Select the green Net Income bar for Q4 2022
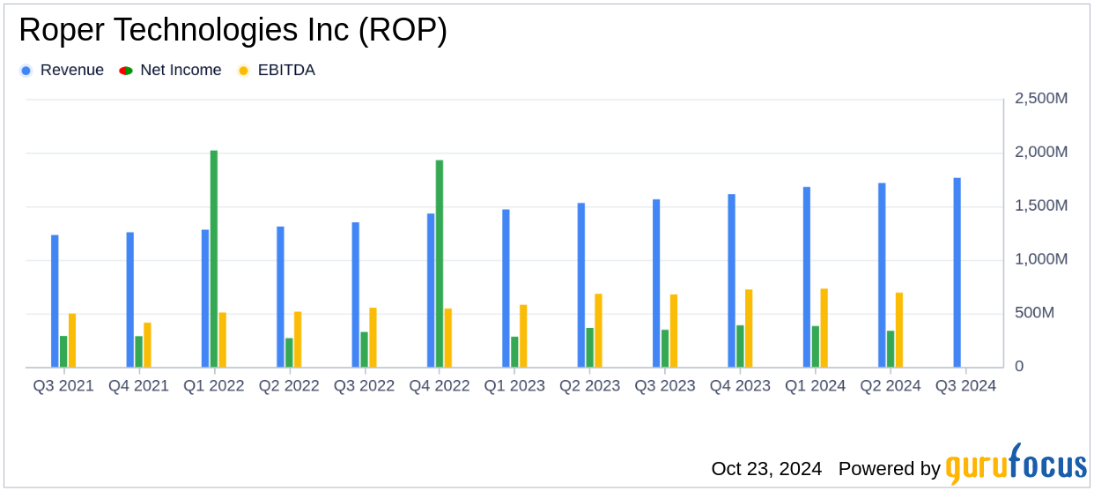coord(440,264)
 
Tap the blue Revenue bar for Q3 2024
coord(957,272)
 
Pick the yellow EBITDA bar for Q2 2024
coord(899,330)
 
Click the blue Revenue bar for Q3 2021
coord(55,301)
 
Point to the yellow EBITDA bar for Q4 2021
coord(147,345)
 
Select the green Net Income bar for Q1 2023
coord(514,352)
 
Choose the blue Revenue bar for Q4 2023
coord(732,280)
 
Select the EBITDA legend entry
coord(277,71)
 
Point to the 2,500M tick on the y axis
coord(1041,99)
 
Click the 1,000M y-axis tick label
coord(1041,259)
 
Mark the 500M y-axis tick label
coord(1047,313)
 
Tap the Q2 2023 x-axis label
coord(590,386)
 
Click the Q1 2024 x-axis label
coord(816,386)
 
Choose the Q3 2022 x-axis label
coord(364,386)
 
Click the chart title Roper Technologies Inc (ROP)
coord(233,31)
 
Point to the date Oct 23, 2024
coord(766,468)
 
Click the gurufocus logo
coord(1016,465)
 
